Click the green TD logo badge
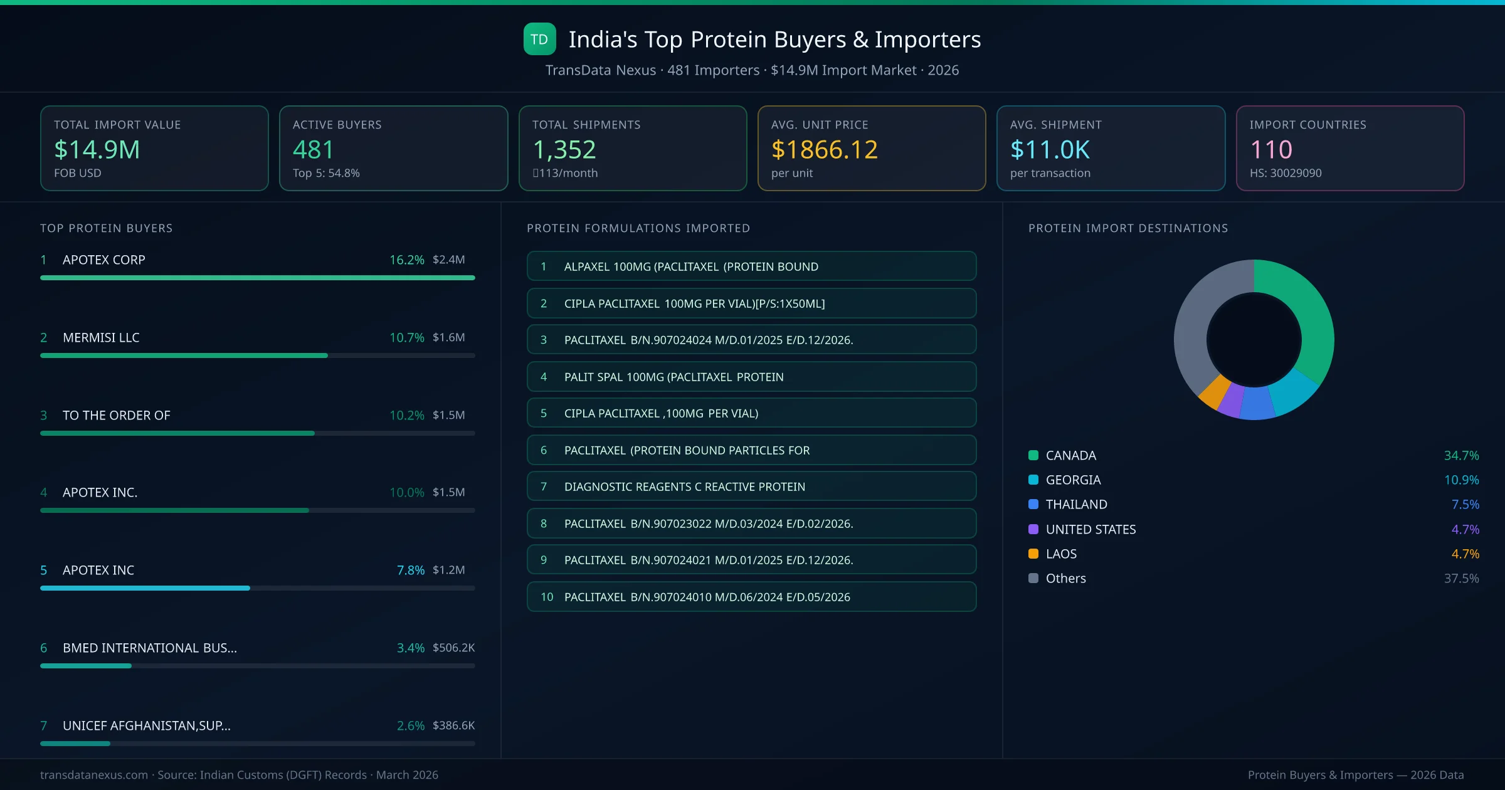click(539, 39)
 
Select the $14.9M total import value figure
click(97, 150)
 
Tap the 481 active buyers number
click(313, 150)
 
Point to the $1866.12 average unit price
click(824, 150)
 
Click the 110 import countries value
click(1270, 150)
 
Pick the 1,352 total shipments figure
click(564, 150)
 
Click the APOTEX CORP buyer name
click(103, 260)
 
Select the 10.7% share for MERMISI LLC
click(406, 337)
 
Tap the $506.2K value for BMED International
click(453, 648)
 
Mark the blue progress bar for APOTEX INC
click(145, 588)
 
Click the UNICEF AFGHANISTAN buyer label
click(146, 725)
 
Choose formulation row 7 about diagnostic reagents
click(751, 487)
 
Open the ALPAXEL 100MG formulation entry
click(751, 266)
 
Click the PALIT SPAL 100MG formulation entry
click(751, 377)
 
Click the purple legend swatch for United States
click(1033, 529)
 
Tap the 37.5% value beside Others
click(1461, 578)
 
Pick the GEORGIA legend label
click(1073, 480)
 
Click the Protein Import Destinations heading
click(1127, 228)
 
